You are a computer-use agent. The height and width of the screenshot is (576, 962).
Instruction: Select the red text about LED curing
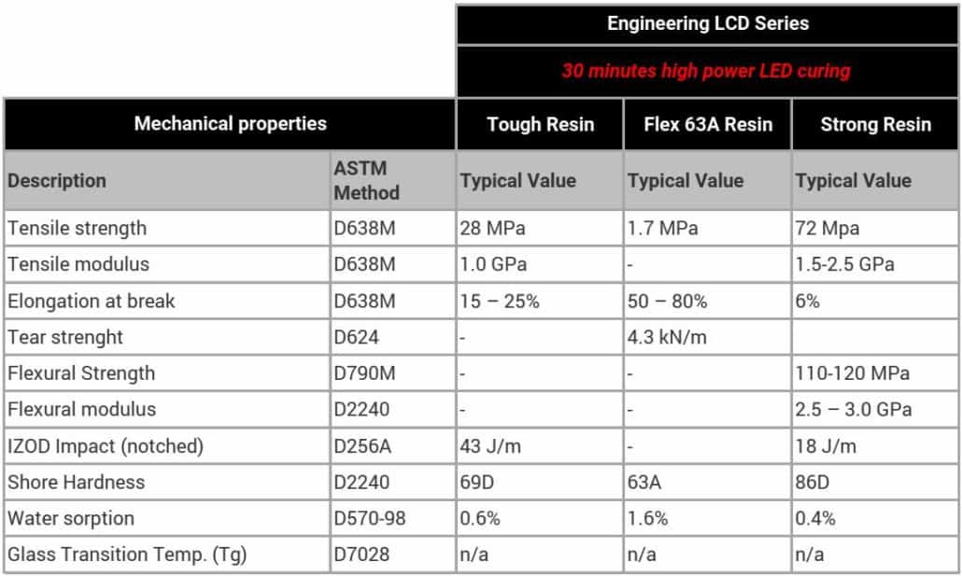(x=706, y=71)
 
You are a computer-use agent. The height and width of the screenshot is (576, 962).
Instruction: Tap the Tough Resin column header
(x=540, y=124)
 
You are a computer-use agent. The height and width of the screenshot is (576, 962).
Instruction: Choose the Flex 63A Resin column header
(x=708, y=124)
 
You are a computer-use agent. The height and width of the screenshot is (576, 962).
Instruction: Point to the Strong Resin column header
(x=875, y=124)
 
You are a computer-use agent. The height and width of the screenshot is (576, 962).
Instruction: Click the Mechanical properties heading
(x=230, y=123)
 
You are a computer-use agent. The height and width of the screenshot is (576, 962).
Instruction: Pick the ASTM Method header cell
(x=367, y=180)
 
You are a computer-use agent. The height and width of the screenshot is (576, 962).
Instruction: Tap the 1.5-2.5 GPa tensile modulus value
(x=844, y=264)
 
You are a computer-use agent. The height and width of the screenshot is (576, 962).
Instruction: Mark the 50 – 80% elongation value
(x=667, y=301)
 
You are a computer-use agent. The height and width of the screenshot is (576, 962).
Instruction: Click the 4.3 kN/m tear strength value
(x=667, y=337)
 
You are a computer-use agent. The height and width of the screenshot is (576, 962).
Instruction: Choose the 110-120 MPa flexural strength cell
(x=851, y=373)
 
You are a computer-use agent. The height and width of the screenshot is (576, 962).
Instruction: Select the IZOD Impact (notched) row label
(x=105, y=446)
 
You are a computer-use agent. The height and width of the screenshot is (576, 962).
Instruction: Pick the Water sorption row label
(x=71, y=518)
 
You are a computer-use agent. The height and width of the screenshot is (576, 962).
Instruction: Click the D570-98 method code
(x=370, y=518)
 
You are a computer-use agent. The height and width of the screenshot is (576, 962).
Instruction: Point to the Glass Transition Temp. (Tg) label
(x=126, y=555)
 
